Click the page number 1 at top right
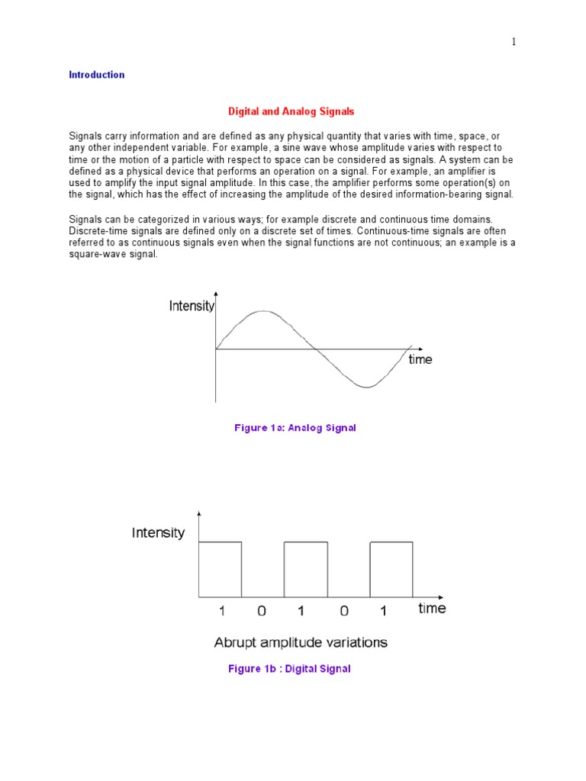click(514, 42)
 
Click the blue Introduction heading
click(97, 75)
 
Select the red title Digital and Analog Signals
click(291, 111)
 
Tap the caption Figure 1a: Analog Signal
click(295, 428)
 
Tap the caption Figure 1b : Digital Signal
click(289, 669)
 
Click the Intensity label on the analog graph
click(192, 307)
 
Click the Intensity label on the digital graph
click(158, 532)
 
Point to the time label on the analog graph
click(420, 359)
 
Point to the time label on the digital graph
click(432, 608)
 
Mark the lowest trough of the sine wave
click(367, 387)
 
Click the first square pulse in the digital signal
click(220, 568)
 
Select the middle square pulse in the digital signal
click(306, 568)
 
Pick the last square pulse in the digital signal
click(391, 568)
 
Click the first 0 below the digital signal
click(262, 611)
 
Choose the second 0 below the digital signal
click(344, 611)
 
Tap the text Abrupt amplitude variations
click(301, 642)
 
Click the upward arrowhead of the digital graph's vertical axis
click(199, 514)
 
